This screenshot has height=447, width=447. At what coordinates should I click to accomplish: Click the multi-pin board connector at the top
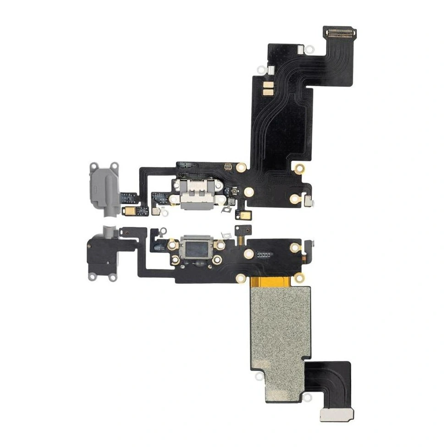tap(341, 33)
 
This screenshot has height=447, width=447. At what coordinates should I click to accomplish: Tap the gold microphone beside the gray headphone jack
tap(127, 210)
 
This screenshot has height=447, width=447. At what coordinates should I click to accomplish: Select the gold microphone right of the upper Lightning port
tap(240, 214)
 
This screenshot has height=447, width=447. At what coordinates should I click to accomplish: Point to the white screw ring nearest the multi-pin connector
tap(309, 48)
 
